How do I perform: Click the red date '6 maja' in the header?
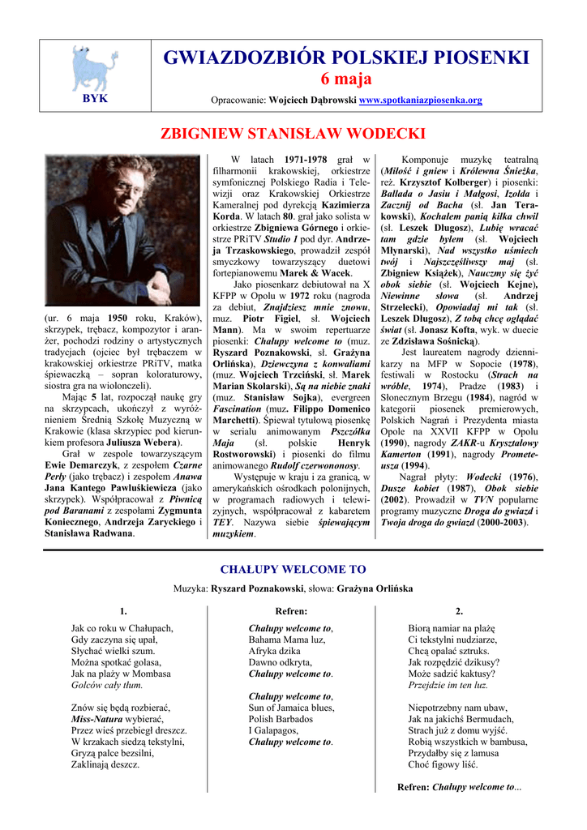346,79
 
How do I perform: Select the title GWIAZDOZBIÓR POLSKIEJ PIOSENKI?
346,58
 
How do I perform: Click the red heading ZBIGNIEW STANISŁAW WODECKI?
293,133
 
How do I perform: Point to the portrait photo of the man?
123,232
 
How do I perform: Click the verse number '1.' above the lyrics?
123,610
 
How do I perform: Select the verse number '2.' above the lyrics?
459,610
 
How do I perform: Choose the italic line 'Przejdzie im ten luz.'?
448,685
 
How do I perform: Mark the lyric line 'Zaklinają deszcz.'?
105,764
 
